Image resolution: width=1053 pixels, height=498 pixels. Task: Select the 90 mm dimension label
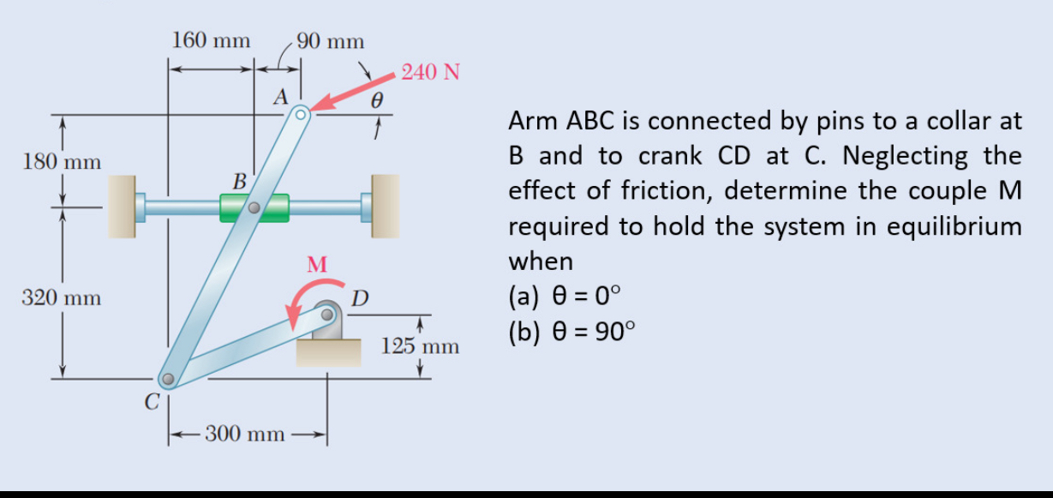click(x=330, y=40)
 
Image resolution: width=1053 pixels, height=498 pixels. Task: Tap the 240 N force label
click(x=431, y=71)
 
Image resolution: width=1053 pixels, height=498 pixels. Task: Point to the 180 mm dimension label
click(x=61, y=161)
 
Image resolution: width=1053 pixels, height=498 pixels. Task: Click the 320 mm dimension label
click(x=61, y=298)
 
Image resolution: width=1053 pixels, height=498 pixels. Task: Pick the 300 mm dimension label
click(x=244, y=433)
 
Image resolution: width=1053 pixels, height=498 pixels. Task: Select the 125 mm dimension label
click(x=421, y=347)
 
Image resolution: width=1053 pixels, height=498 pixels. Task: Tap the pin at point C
click(x=169, y=377)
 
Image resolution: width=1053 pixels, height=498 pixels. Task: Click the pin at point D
click(x=327, y=315)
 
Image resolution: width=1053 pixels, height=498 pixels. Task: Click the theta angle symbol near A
click(x=375, y=99)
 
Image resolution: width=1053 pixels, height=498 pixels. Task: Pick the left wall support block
click(x=122, y=206)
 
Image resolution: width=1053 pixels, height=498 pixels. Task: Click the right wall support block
click(x=385, y=206)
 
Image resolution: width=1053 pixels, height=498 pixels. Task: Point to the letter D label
click(x=361, y=298)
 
